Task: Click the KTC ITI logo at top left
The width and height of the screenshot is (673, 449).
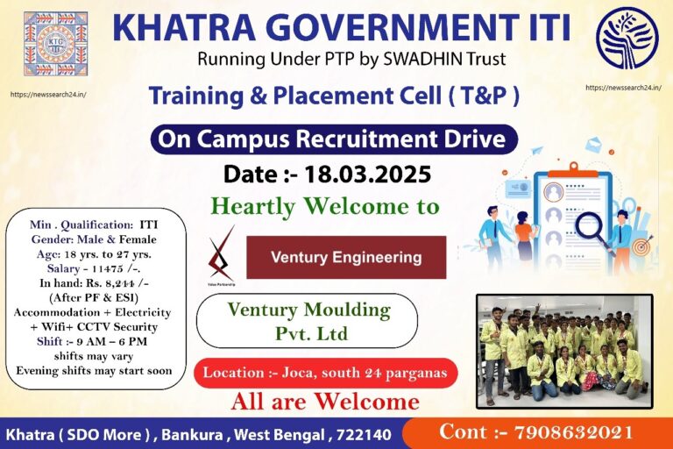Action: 55,43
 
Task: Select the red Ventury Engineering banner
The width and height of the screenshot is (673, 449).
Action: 346,258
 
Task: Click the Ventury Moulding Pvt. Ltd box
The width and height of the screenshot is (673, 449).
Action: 308,321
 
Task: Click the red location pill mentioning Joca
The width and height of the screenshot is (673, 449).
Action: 325,373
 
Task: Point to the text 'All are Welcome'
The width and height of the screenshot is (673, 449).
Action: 325,403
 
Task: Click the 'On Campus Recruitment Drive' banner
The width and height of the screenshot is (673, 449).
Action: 333,139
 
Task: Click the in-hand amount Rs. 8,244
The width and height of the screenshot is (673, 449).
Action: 122,283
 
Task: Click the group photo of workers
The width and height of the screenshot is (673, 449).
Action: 564,351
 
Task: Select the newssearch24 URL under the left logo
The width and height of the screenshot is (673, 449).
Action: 48,94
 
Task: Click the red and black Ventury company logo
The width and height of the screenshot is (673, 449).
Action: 221,254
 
